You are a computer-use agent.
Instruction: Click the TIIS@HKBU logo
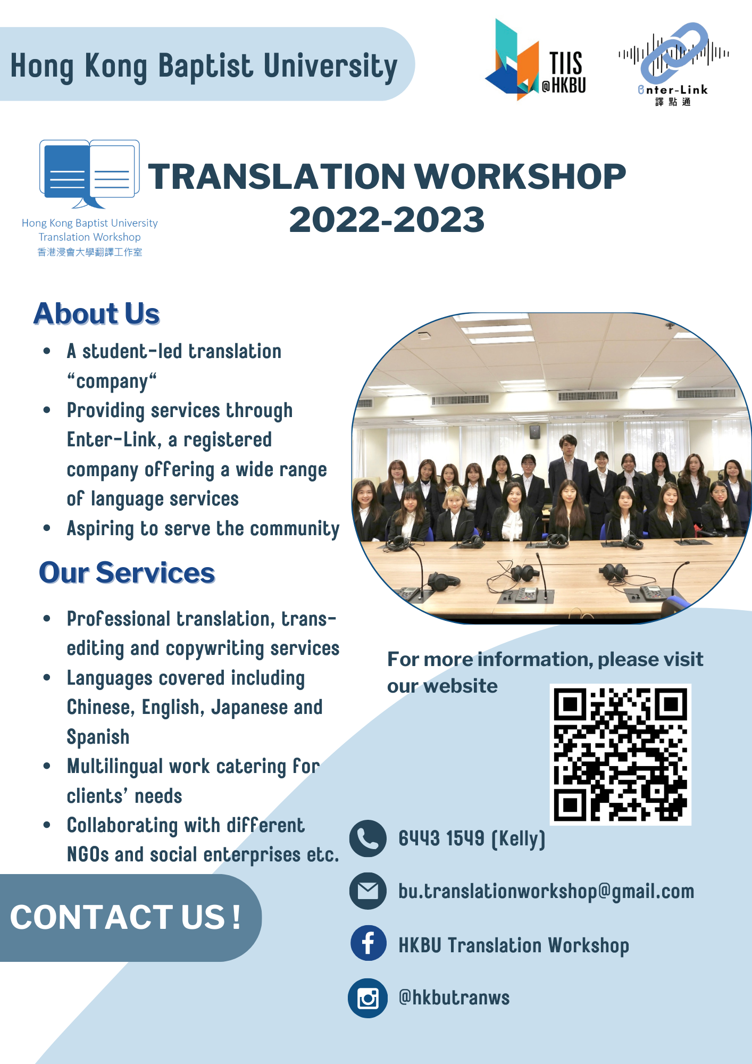pyautogui.click(x=536, y=60)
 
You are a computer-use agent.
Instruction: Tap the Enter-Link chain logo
pyautogui.click(x=673, y=64)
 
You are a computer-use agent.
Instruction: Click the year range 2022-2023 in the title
pyautogui.click(x=387, y=220)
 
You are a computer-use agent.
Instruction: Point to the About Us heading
pyautogui.click(x=97, y=313)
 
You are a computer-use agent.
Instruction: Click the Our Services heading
pyautogui.click(x=127, y=573)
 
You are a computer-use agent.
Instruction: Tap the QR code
pyautogui.click(x=620, y=754)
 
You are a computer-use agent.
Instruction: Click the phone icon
pyautogui.click(x=367, y=838)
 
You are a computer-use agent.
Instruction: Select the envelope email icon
pyautogui.click(x=367, y=891)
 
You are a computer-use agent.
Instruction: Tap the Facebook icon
pyautogui.click(x=368, y=943)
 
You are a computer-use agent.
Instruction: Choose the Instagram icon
pyautogui.click(x=367, y=998)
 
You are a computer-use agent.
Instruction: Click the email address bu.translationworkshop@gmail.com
pyautogui.click(x=546, y=892)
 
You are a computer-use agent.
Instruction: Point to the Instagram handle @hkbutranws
pyautogui.click(x=454, y=997)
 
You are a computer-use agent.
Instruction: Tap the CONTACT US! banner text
pyautogui.click(x=126, y=917)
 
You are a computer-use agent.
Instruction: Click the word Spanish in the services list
pyautogui.click(x=98, y=737)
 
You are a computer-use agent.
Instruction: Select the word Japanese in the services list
pyautogui.click(x=249, y=708)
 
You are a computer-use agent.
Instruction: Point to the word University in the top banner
pyautogui.click(x=330, y=67)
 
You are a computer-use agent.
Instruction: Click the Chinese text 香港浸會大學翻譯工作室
pyautogui.click(x=90, y=252)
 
